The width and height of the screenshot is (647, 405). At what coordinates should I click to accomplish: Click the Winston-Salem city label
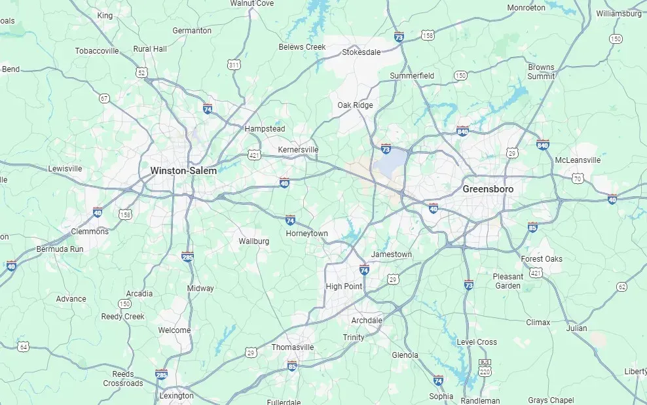[183, 171]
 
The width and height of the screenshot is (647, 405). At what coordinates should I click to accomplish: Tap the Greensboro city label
[488, 189]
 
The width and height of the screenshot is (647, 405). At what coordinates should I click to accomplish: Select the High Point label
[344, 287]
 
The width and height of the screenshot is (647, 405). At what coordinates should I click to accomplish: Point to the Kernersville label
[298, 150]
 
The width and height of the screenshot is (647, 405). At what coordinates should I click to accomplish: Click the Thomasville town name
[293, 347]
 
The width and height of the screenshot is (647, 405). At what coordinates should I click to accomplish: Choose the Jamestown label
[392, 255]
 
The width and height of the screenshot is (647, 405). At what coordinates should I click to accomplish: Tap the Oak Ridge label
[355, 105]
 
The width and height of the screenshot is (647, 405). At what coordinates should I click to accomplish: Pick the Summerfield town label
[412, 76]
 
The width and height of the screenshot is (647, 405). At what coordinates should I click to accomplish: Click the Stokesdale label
[361, 52]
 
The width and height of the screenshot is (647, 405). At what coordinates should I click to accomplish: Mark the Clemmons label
[90, 232]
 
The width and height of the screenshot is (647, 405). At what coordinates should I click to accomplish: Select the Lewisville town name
[65, 169]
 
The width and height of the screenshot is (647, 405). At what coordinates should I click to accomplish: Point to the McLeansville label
[577, 160]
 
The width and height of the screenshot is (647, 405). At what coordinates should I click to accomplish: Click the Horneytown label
[306, 234]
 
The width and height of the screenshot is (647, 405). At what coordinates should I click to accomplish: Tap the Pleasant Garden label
[508, 281]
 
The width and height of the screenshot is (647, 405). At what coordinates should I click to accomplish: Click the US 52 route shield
[142, 73]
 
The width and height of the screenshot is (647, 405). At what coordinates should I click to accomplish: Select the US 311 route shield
[234, 65]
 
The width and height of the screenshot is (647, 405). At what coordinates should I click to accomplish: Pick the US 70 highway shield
[577, 178]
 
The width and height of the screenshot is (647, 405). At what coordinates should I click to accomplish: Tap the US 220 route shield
[485, 372]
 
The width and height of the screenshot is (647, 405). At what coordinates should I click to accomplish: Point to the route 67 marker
[104, 98]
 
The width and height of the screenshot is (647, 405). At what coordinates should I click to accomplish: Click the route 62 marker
[621, 287]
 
